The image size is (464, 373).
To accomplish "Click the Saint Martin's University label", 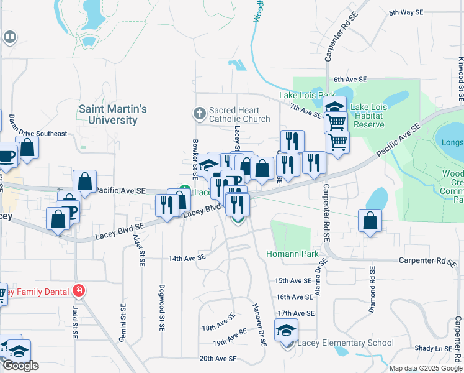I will [x=113, y=114].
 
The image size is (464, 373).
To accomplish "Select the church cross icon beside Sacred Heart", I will [x=199, y=113].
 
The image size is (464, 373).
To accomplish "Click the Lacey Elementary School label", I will [x=346, y=343].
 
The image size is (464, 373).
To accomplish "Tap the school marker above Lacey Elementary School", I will [x=286, y=330].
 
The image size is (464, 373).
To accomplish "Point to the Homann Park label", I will [x=292, y=254].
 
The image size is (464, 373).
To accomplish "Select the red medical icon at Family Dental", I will [x=78, y=290].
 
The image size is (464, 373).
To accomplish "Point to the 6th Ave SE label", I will [x=350, y=80].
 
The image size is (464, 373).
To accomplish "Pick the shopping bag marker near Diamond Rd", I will [x=370, y=221].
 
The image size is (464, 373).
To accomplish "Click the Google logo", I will [x=20, y=366].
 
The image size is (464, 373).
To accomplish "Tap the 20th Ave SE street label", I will [x=218, y=358].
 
